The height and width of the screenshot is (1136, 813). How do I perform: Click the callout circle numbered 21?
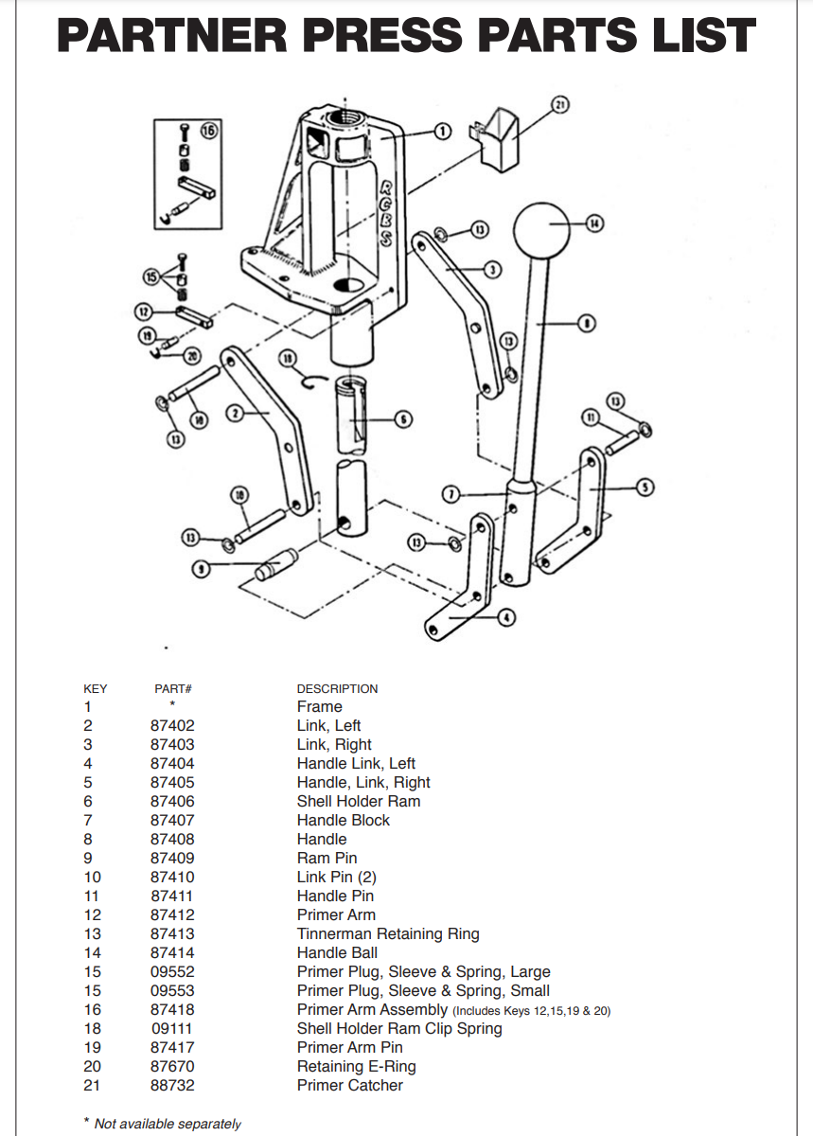click(x=559, y=104)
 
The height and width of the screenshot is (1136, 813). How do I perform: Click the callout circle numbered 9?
click(x=199, y=568)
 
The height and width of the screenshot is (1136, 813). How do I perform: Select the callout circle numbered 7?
click(x=451, y=493)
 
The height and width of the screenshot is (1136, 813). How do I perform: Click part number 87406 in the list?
click(x=172, y=801)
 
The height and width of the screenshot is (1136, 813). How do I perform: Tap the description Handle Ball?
click(x=337, y=952)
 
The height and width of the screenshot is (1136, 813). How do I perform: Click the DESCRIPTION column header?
click(x=337, y=688)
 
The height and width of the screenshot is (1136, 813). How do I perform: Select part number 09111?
click(x=172, y=1028)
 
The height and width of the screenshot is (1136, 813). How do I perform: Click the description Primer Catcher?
click(x=349, y=1085)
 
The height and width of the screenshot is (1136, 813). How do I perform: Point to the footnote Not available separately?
click(x=168, y=1124)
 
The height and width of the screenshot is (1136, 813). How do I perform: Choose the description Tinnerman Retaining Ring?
click(x=388, y=933)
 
